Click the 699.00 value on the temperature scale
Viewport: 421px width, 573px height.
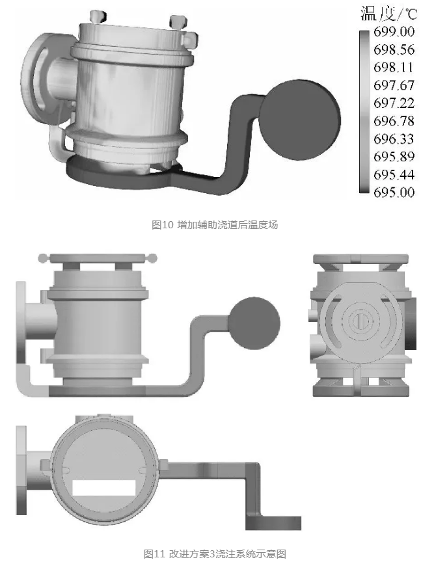pyautogui.click(x=394, y=32)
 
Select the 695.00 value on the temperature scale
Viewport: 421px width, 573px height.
pyautogui.click(x=394, y=193)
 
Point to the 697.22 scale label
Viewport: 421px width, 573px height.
pyautogui.click(x=394, y=103)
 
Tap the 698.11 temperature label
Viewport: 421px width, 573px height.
pyautogui.click(x=393, y=67)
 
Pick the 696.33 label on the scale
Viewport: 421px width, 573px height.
pyautogui.click(x=394, y=139)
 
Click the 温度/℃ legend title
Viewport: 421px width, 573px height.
pyautogui.click(x=388, y=14)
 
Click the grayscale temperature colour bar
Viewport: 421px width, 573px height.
pyautogui.click(x=364, y=112)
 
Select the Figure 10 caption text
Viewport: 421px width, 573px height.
pyautogui.click(x=215, y=225)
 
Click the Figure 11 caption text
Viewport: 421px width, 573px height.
pyautogui.click(x=215, y=554)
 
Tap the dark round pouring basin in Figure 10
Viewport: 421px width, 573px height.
pyautogui.click(x=300, y=120)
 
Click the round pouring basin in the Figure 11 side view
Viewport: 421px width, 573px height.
pyautogui.click(x=254, y=323)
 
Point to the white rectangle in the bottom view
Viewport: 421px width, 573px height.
pyautogui.click(x=104, y=488)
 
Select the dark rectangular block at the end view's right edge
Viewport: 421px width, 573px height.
pyautogui.click(x=411, y=323)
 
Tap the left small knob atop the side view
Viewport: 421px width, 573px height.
pyautogui.click(x=43, y=258)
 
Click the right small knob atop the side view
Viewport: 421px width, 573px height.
pyautogui.click(x=153, y=258)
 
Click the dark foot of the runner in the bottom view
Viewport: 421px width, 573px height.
pyautogui.click(x=273, y=523)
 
